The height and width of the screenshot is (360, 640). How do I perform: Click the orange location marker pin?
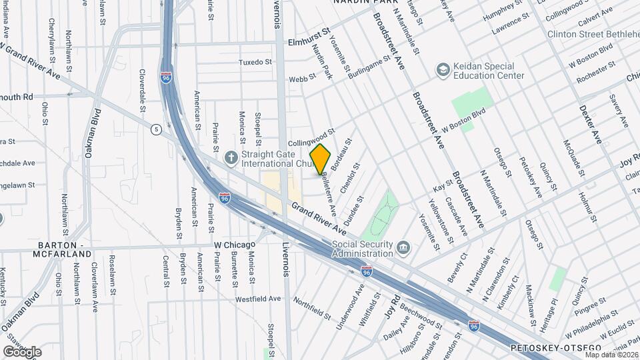(321, 159)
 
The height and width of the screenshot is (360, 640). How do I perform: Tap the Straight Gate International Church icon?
(231, 158)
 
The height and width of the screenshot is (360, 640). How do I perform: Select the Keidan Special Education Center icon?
(442, 70)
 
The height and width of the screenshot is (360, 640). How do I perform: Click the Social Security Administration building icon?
(403, 248)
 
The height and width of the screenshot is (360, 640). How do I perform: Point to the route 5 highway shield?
(155, 129)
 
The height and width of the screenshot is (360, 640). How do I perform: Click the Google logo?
(22, 351)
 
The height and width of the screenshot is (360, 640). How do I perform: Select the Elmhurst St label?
(309, 41)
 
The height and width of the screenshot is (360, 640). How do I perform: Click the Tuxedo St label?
(256, 62)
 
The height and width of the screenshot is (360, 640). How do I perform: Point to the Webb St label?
(302, 79)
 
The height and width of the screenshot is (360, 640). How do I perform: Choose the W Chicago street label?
(235, 245)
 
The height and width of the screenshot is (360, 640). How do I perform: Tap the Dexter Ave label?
(590, 124)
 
